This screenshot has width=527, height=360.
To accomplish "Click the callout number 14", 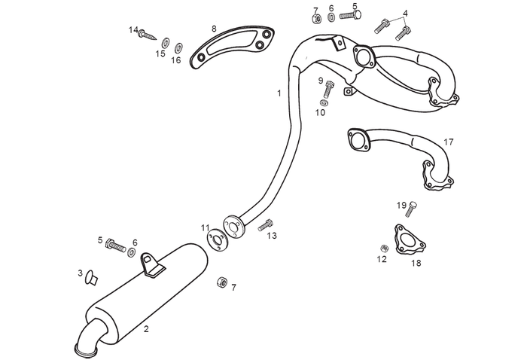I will pyautogui.click(x=133, y=30).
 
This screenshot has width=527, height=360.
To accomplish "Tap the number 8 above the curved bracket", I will pyautogui.click(x=214, y=29).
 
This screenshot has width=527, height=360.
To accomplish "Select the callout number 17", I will pyautogui.click(x=449, y=142).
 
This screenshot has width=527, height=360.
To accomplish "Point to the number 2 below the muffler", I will pyautogui.click(x=146, y=329).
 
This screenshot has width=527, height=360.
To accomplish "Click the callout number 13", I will pyautogui.click(x=272, y=236).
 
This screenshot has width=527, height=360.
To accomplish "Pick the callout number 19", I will pyautogui.click(x=401, y=205).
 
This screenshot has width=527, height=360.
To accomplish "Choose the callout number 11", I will pyautogui.click(x=206, y=227).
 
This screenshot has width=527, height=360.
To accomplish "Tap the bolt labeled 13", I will pyautogui.click(x=265, y=224).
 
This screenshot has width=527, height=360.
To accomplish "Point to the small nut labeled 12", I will pyautogui.click(x=383, y=248).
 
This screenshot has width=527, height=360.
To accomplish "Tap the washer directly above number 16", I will pyautogui.click(x=178, y=47).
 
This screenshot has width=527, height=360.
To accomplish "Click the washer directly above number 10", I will pyautogui.click(x=324, y=102).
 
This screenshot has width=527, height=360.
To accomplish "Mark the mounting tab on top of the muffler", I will pyautogui.click(x=152, y=265).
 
